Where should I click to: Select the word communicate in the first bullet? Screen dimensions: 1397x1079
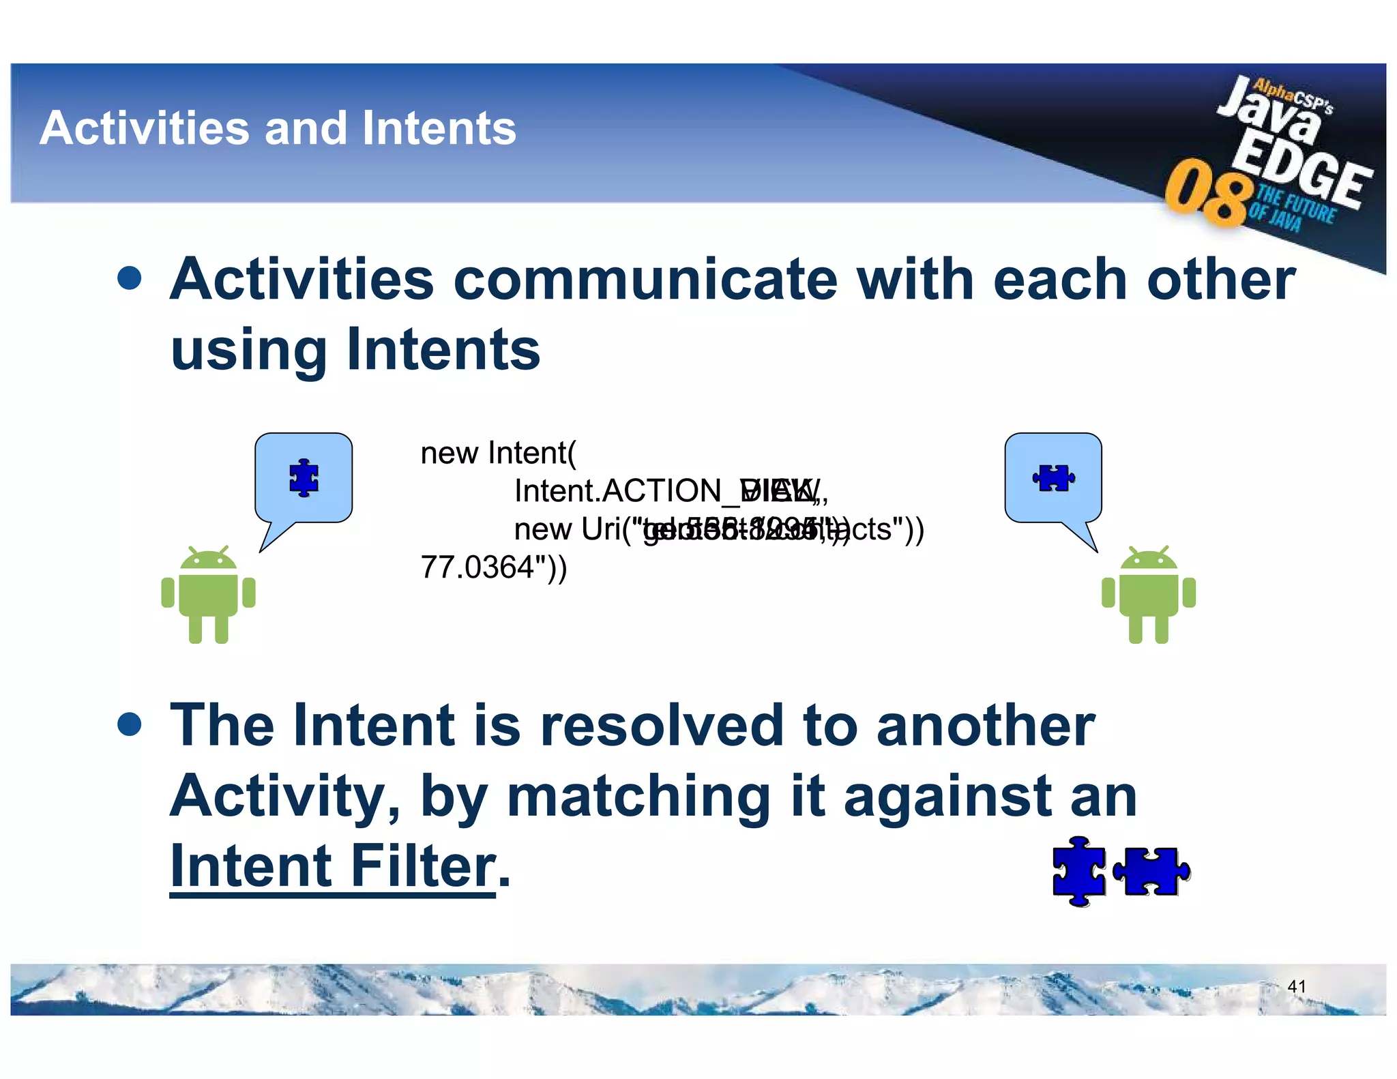tap(645, 280)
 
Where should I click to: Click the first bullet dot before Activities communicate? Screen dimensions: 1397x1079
tap(129, 278)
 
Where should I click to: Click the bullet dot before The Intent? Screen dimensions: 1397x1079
tap(129, 724)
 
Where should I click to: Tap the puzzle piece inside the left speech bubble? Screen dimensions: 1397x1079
tap(304, 477)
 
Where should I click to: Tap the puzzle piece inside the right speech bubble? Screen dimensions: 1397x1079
tap(1053, 477)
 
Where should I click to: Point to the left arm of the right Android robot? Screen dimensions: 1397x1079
tap(1108, 592)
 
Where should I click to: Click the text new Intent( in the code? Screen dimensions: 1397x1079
tap(498, 453)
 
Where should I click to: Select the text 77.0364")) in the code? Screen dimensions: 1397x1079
tap(493, 567)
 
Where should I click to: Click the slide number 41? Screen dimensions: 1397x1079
tap(1296, 986)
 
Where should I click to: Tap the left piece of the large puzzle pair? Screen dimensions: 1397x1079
tap(1078, 872)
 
